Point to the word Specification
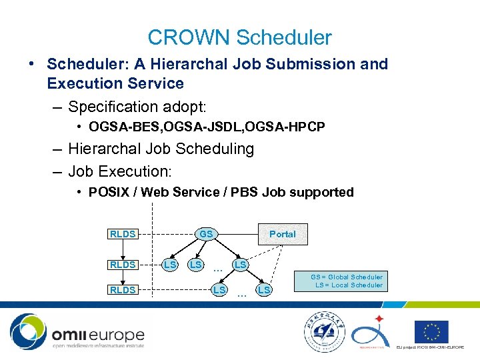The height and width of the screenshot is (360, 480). [121, 107]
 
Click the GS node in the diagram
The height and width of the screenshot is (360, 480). [206, 235]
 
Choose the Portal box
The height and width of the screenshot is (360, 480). [283, 234]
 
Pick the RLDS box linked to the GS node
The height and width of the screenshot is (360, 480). [123, 234]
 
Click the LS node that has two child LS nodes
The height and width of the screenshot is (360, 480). [240, 265]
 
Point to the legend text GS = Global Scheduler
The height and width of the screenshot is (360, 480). [347, 277]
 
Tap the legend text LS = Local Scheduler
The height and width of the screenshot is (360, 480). [349, 285]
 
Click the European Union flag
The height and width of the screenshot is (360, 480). [431, 331]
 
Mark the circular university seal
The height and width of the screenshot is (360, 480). [323, 331]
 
